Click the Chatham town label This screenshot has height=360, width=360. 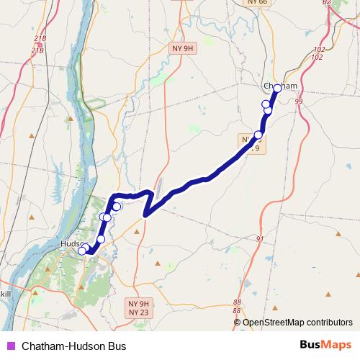pos(280,86)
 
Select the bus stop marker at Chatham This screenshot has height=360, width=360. pos(277,88)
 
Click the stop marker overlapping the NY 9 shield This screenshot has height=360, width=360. pos(258,135)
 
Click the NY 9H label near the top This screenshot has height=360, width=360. pos(184,48)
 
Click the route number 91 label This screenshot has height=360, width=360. pos(261,239)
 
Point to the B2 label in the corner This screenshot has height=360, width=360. pos(326,3)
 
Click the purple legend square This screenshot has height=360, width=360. pos(10,346)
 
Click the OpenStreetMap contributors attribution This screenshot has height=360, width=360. pos(297,322)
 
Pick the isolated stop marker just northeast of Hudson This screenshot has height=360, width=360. pos(101,239)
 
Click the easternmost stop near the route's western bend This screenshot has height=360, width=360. pos(117,207)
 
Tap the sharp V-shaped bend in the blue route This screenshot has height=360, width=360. pos(145,214)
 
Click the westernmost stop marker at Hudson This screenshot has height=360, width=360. pos(82,251)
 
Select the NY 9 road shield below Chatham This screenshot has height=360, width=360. pos(251,143)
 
